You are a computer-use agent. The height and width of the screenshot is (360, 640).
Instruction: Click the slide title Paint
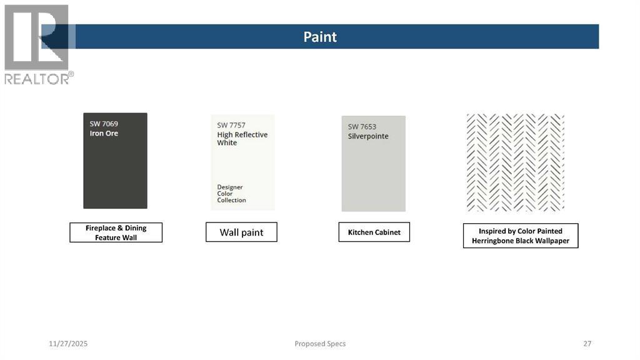(320, 37)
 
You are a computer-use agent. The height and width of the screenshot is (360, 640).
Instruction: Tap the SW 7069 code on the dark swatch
(104, 124)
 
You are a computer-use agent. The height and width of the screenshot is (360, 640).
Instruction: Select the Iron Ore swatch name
(104, 133)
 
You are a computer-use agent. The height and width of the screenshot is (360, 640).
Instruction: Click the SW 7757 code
(231, 125)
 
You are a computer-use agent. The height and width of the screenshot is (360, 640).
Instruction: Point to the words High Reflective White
(242, 138)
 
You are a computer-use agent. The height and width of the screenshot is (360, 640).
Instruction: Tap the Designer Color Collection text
(231, 194)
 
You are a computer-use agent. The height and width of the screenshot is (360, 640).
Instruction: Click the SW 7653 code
(362, 126)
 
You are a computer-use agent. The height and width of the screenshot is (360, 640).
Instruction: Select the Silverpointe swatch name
(368, 136)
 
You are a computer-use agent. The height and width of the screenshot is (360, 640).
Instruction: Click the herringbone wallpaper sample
(515, 162)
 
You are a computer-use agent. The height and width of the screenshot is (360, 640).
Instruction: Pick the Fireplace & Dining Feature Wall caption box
(116, 232)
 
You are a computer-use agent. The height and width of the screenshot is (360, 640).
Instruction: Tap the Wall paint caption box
(241, 232)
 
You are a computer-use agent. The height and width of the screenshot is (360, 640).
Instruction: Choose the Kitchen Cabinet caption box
(374, 232)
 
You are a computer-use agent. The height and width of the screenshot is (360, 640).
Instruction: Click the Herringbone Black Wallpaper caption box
(521, 236)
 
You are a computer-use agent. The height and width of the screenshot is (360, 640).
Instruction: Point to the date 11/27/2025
(68, 344)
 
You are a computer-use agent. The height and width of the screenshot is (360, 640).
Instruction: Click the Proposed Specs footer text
(320, 344)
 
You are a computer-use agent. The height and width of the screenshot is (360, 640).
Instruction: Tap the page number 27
(587, 344)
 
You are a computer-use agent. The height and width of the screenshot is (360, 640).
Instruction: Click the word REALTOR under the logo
(37, 79)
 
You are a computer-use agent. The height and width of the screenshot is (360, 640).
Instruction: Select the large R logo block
(36, 37)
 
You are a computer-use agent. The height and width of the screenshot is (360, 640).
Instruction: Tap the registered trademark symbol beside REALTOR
(71, 74)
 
